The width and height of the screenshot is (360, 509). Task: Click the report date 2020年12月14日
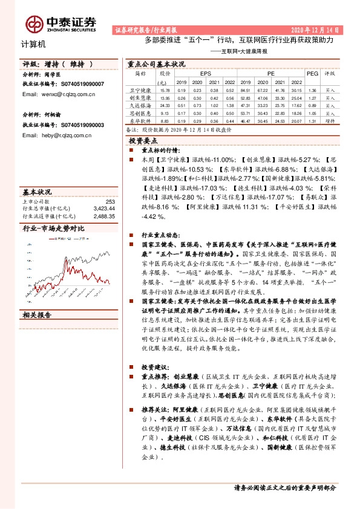pos(318,29)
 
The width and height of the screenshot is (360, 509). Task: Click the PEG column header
pos(312,73)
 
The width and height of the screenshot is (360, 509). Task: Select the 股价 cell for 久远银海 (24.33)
pos(163,105)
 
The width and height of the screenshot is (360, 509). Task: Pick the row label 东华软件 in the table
pos(140,121)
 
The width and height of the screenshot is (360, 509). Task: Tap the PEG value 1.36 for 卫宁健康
pos(312,89)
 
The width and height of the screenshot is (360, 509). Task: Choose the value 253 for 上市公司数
pos(110,201)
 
